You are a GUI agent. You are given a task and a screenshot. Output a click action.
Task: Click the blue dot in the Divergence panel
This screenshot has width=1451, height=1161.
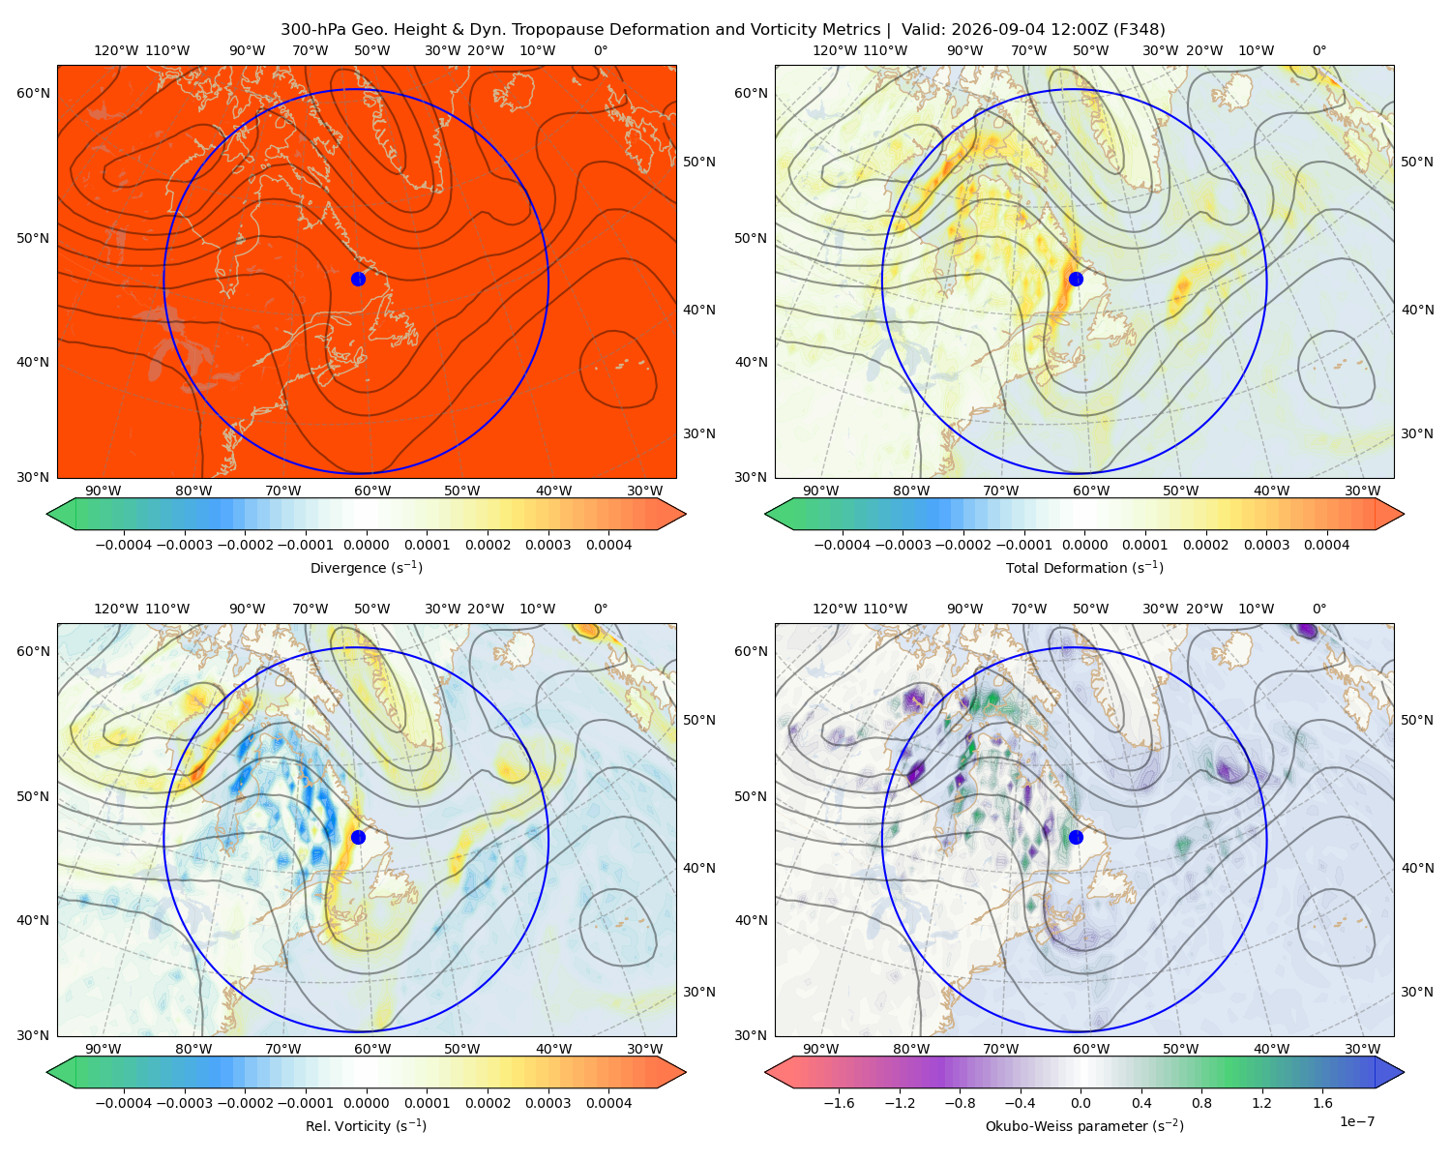(358, 279)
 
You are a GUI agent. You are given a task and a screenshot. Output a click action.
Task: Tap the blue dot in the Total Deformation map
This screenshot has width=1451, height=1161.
(1076, 279)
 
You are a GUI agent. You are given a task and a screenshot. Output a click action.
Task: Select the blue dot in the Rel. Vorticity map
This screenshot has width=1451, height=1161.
(358, 837)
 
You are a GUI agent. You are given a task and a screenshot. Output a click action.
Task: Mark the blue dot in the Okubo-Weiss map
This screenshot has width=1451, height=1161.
(1076, 837)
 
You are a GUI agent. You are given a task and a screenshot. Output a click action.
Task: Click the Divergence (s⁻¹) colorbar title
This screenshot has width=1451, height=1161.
(366, 567)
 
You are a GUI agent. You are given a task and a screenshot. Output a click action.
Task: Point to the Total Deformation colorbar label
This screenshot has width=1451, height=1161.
(1084, 567)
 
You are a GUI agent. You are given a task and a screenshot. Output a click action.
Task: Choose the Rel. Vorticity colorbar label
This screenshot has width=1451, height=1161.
(366, 1125)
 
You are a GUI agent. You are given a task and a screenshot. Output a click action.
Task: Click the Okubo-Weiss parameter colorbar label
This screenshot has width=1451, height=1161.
(1084, 1125)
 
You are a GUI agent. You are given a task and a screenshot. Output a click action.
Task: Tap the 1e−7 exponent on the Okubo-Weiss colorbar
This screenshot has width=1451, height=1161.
(1356, 1121)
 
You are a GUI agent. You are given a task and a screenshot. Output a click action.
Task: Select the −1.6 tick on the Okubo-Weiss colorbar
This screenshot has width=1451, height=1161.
(839, 1102)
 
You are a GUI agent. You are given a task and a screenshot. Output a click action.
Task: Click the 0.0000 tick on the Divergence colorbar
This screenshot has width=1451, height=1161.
(366, 545)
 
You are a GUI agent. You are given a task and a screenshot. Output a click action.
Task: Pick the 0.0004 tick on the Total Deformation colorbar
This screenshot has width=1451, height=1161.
(1326, 545)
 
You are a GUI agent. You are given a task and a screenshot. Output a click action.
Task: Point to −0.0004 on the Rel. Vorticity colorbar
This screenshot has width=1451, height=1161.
(124, 1102)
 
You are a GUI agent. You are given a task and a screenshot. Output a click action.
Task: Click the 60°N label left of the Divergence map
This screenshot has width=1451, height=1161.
(33, 93)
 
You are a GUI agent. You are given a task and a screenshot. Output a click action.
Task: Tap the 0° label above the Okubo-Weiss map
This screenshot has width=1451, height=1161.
(1318, 609)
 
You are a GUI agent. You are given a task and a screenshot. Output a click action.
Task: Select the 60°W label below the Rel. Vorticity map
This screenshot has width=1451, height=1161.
(372, 1049)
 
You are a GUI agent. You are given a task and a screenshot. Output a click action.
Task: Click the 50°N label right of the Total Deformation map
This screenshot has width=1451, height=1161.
(1416, 162)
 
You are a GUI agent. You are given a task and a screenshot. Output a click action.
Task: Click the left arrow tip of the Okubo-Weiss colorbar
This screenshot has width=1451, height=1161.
(765, 1072)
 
